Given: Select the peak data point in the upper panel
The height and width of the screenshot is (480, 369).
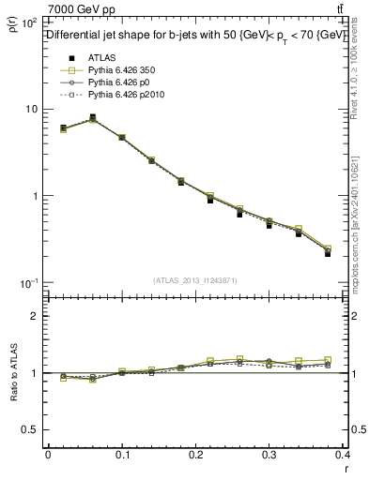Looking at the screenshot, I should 92,117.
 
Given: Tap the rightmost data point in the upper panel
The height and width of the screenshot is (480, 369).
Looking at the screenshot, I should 328,253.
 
